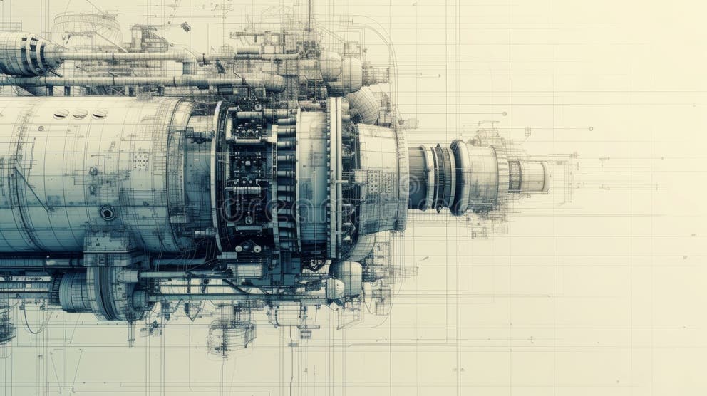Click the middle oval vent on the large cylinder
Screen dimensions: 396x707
coord(80,114)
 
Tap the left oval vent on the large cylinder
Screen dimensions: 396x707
coord(61,114)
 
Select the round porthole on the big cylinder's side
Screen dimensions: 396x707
coord(108,212)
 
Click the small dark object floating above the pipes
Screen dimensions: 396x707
coord(185,26)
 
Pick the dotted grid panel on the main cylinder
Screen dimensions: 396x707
coord(140,161)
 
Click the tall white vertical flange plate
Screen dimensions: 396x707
coord(334,178)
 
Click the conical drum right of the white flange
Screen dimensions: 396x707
coord(378,178)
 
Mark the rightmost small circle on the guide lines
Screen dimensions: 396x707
coord(591,129)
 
